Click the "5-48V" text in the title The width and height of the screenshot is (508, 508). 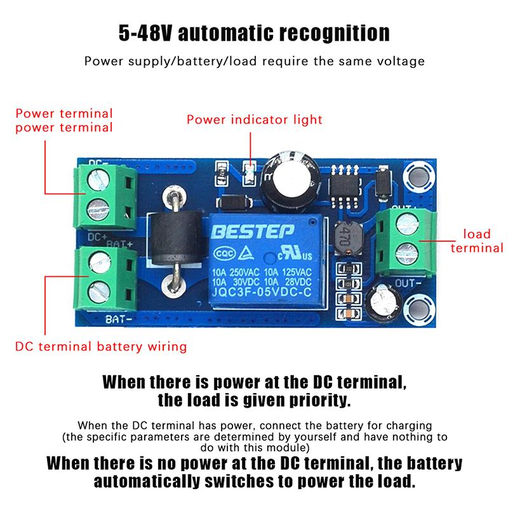coord(147,34)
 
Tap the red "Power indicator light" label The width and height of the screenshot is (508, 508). coord(254,119)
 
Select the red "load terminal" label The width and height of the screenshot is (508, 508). coord(476,241)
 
